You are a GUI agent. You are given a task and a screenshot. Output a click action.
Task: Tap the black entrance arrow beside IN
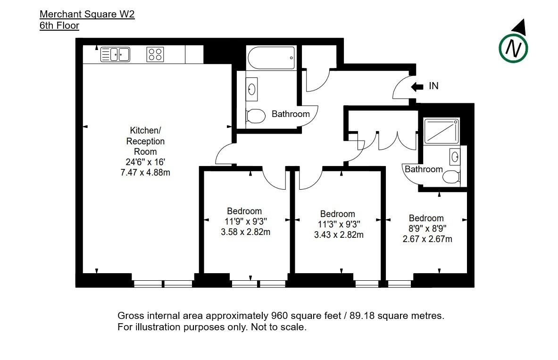[417, 86]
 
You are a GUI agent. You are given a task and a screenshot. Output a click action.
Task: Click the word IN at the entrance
[433, 86]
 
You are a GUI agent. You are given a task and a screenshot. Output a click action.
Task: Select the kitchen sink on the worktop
[115, 54]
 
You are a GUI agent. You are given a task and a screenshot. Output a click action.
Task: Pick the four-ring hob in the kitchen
[155, 54]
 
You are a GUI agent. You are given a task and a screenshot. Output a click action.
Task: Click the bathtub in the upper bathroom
[271, 58]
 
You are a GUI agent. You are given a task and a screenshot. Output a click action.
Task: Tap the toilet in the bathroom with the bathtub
[256, 116]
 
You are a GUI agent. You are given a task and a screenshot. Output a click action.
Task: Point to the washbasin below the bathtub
[251, 89]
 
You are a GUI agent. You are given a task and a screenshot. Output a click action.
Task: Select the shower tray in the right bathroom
[441, 131]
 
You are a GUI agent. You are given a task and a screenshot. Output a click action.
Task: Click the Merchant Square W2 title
[87, 14]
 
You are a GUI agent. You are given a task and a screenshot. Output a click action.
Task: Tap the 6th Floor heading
[59, 25]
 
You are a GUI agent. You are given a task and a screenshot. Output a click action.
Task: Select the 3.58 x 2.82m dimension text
[246, 232]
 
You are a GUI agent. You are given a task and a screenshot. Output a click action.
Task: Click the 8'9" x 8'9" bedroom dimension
[427, 228]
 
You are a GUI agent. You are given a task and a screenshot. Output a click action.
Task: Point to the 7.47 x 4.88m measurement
[145, 173]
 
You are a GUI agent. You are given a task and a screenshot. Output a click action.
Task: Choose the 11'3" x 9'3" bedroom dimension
[339, 224]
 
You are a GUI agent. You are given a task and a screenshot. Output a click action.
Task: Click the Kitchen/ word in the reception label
[145, 130]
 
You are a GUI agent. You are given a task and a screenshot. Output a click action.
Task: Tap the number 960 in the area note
[279, 316]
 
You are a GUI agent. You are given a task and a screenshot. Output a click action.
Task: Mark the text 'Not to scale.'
[279, 327]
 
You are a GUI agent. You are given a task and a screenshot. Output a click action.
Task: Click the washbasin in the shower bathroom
[455, 157]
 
